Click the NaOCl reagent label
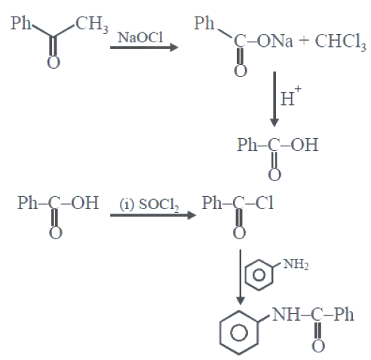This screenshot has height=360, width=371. point(140,37)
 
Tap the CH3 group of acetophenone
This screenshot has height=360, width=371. point(92,25)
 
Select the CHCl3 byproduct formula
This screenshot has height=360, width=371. point(340,42)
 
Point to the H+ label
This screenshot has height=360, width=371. point(290,96)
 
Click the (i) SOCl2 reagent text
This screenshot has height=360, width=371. point(149,205)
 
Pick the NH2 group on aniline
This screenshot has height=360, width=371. point(296,264)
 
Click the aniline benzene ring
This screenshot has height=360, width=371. point(259,275)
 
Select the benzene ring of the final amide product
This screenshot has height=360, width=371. point(239,333)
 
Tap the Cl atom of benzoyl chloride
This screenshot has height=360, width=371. point(265,203)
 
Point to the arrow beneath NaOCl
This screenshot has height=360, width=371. point(144,48)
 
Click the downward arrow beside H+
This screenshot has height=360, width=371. point(274,99)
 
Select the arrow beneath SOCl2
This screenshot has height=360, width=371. point(153,215)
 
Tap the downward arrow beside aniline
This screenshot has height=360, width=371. point(241,277)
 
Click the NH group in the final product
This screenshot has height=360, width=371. point(286,315)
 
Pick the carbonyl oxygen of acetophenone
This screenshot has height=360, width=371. point(54,62)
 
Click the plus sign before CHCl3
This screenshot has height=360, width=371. point(304,41)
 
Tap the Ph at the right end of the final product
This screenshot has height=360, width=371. point(344,315)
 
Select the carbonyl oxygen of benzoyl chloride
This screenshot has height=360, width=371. point(239,233)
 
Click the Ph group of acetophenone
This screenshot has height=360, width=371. point(20,23)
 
